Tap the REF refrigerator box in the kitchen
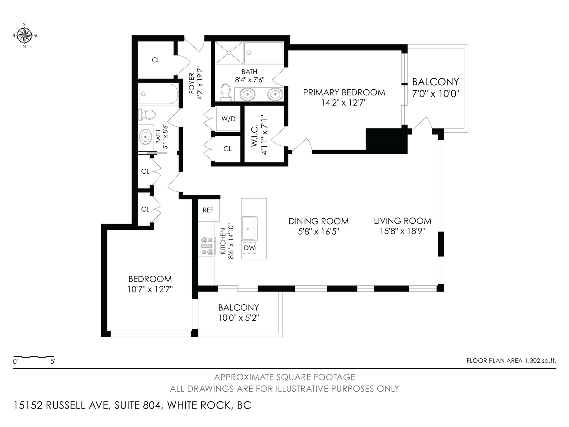(x=209, y=210)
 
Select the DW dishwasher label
(x=249, y=248)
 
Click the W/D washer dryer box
(x=228, y=119)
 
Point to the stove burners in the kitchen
(x=207, y=246)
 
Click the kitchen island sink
(x=249, y=228)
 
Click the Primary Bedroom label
(x=344, y=92)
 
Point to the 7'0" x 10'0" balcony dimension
(x=436, y=94)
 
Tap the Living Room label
(x=403, y=221)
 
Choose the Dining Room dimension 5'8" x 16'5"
(x=319, y=231)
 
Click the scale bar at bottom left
(x=33, y=357)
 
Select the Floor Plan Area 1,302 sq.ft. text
(x=511, y=360)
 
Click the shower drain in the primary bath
(x=229, y=53)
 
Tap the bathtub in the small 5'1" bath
(x=158, y=94)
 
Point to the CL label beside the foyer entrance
(x=156, y=60)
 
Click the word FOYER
(x=191, y=84)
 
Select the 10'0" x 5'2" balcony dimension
(x=239, y=318)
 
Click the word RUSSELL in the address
(x=66, y=405)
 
